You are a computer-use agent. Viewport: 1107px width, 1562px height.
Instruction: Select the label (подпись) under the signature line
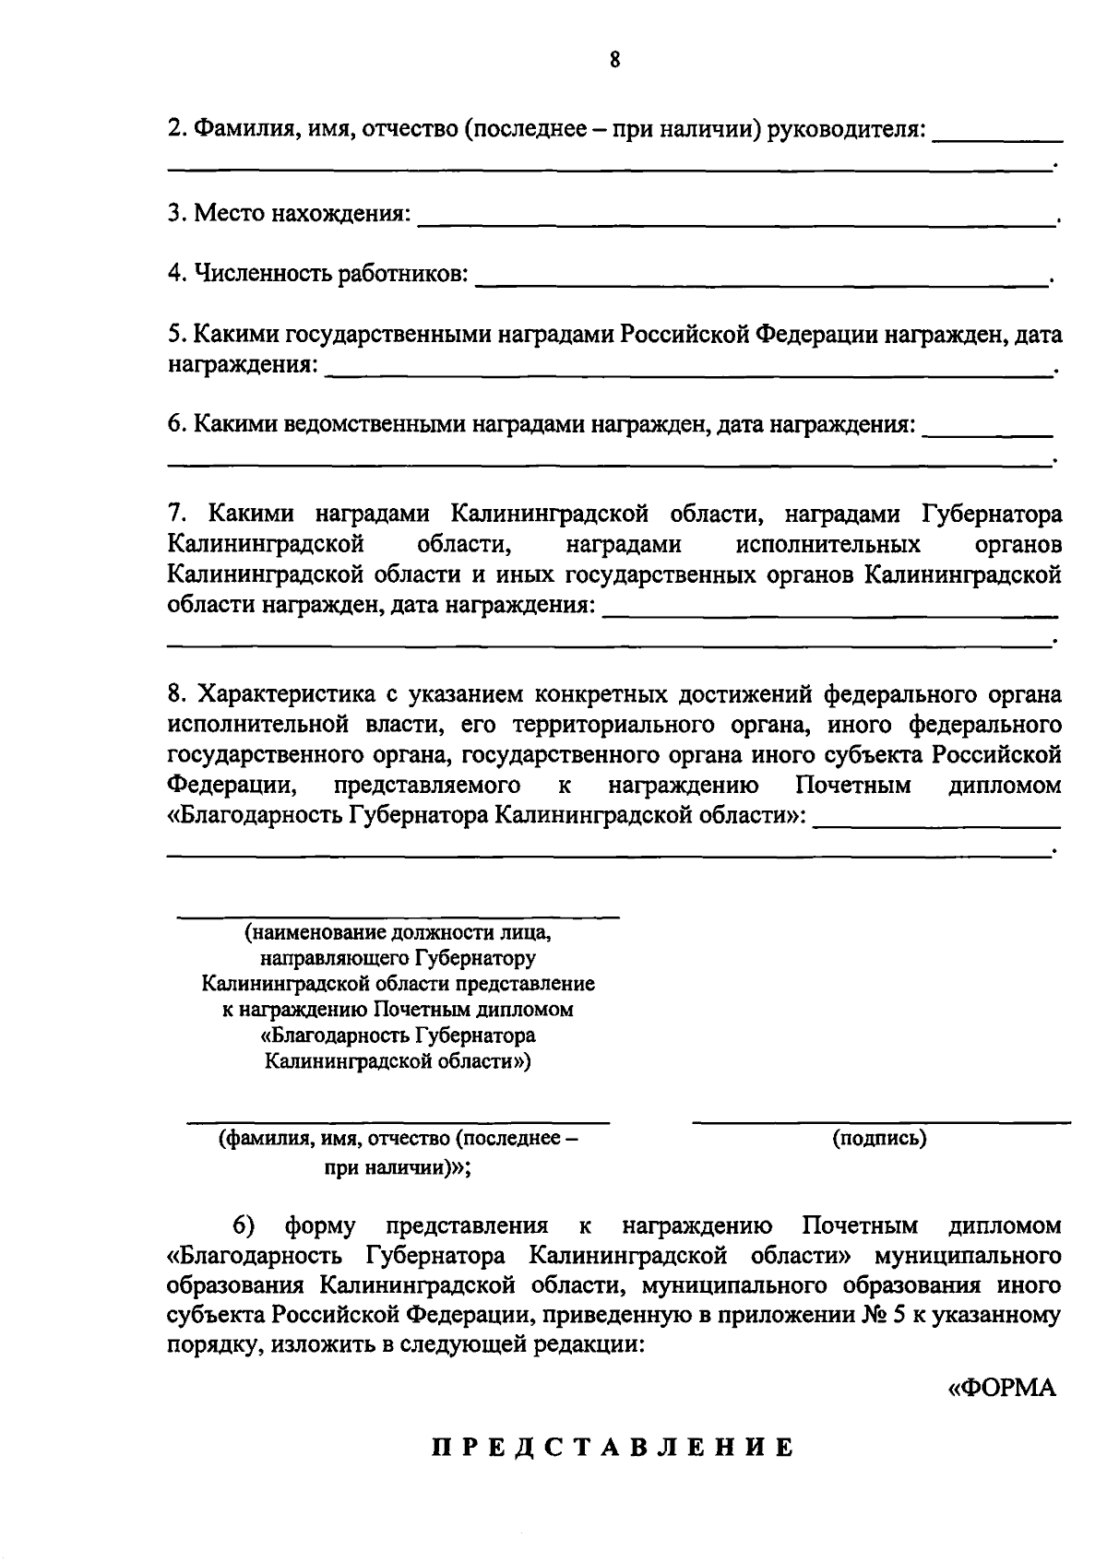tap(879, 1138)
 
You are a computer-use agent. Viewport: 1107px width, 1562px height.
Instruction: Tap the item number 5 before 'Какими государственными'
tap(173, 335)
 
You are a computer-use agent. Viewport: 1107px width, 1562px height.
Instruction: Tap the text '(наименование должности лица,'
tap(398, 932)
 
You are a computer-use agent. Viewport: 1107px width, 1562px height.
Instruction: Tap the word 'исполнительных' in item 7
tap(827, 544)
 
